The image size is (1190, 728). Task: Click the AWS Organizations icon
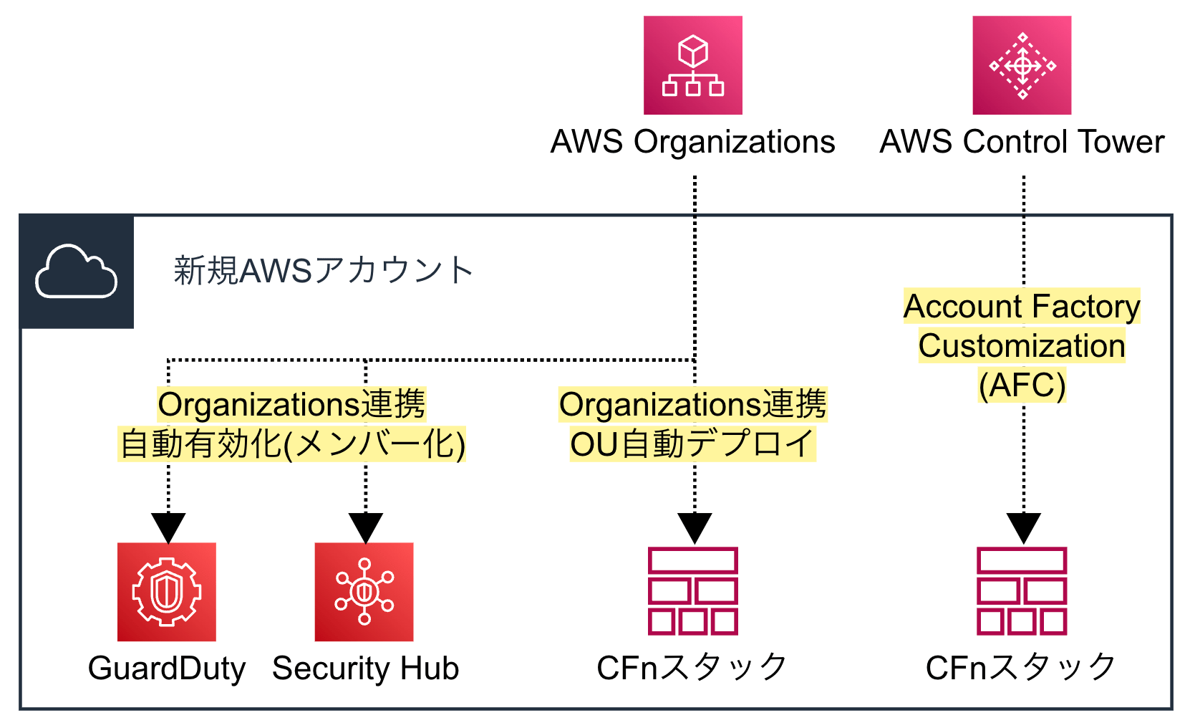(692, 65)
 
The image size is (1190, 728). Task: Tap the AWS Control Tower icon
(1022, 65)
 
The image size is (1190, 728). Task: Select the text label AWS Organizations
(692, 142)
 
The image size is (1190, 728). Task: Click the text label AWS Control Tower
(1022, 142)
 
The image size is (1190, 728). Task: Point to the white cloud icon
(77, 272)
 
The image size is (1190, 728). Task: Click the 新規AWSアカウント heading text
(323, 271)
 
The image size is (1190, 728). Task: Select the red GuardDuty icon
(167, 592)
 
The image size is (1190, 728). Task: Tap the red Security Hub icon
(364, 592)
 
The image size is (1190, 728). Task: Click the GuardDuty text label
(167, 669)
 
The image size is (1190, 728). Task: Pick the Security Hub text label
(365, 669)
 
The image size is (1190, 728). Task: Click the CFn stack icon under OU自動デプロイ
(692, 592)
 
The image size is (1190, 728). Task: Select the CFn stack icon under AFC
(1022, 592)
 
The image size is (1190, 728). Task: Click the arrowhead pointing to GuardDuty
(168, 527)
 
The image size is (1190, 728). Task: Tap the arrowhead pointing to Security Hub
(366, 527)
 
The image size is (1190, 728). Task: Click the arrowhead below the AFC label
(1023, 527)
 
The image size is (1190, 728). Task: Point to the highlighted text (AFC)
(1022, 385)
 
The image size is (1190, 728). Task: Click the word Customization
(1022, 346)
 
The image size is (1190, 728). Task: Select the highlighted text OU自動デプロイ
(692, 444)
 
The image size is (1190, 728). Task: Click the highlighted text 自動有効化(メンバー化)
(292, 444)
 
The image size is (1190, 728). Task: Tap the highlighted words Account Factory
(1022, 307)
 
